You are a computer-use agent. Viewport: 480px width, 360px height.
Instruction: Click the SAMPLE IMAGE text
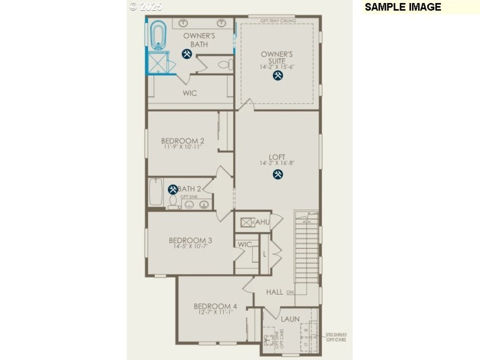(x=403, y=7)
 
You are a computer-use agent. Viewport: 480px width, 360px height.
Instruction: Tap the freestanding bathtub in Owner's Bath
(x=158, y=35)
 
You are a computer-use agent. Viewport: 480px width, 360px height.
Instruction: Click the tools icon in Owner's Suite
(x=278, y=76)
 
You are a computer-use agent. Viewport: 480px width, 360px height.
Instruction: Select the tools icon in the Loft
(x=278, y=175)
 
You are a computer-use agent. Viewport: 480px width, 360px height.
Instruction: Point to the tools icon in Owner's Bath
(x=187, y=54)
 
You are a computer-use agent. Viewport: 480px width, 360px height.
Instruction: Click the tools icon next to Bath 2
(x=173, y=190)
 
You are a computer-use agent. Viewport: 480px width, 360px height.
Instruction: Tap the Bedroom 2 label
(x=182, y=141)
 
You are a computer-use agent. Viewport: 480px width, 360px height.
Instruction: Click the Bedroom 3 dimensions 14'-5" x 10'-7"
(x=190, y=246)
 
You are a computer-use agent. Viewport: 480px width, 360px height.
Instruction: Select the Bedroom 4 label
(x=215, y=306)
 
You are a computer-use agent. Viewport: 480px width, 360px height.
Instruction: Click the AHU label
(x=263, y=222)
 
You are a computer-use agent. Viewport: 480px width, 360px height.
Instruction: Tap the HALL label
(x=274, y=292)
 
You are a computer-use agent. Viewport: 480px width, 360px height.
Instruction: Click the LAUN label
(x=290, y=319)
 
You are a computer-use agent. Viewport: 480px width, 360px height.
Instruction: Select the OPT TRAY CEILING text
(x=277, y=20)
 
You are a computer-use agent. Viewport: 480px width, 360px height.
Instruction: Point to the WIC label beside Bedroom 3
(x=245, y=244)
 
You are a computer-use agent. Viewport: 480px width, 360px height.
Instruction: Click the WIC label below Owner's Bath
(x=190, y=93)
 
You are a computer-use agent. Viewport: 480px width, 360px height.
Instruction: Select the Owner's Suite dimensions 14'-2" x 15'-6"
(x=277, y=67)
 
